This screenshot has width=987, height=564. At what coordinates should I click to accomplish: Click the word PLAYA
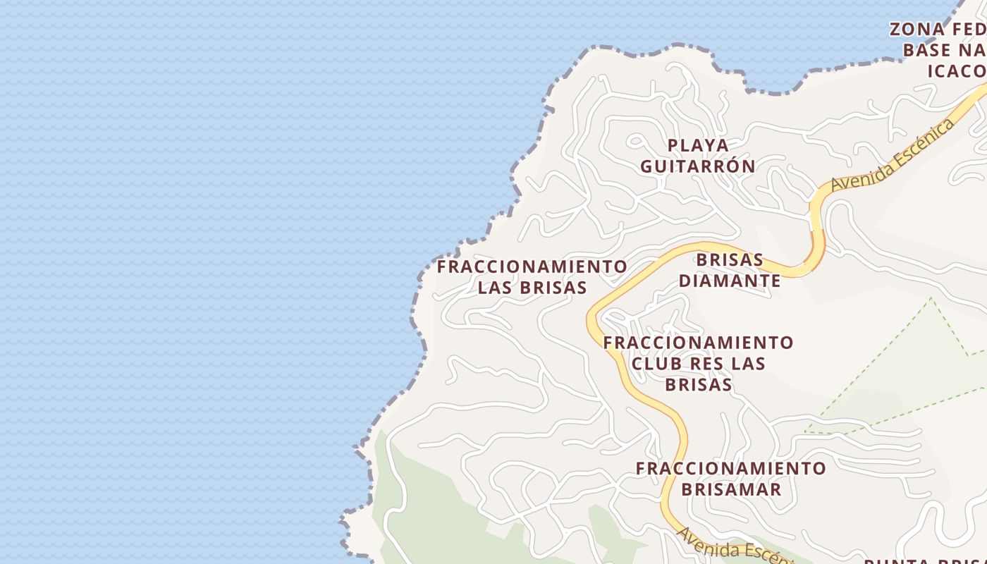coord(698,145)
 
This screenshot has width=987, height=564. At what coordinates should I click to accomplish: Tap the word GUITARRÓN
coord(698,166)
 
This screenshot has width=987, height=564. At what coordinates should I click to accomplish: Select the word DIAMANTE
coord(730,281)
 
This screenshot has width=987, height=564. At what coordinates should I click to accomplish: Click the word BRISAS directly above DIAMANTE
coord(730,260)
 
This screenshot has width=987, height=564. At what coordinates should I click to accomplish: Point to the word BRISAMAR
coord(731,489)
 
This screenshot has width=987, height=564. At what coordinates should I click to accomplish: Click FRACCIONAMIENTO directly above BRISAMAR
coord(731,468)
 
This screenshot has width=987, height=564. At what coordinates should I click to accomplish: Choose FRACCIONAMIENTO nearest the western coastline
coord(532,266)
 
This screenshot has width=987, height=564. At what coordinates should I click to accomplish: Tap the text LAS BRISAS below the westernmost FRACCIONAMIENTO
coord(532,288)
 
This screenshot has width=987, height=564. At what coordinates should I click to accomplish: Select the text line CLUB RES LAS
coord(698,364)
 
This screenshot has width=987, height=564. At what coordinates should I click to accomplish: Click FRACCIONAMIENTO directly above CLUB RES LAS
coord(698,343)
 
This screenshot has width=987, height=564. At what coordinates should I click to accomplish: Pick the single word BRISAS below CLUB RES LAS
coord(698,385)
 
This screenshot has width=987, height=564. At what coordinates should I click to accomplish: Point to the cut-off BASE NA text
coord(945,51)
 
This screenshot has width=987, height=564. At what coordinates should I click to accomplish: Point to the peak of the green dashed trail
coord(931,298)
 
